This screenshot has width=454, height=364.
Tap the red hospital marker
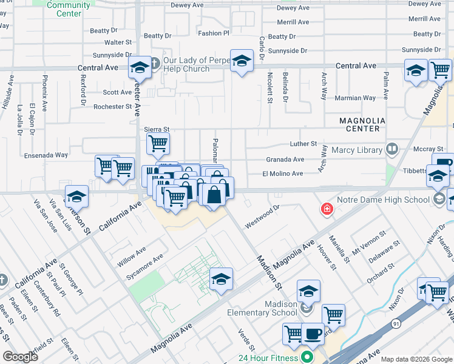[x=327, y=209]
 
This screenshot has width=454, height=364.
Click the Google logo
[x=20, y=357]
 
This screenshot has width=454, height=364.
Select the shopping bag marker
[x=214, y=195]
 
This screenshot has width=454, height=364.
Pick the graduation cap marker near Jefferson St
[x=76, y=197]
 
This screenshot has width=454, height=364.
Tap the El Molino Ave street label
[x=282, y=174]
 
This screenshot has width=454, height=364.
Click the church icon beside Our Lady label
[x=154, y=62]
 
